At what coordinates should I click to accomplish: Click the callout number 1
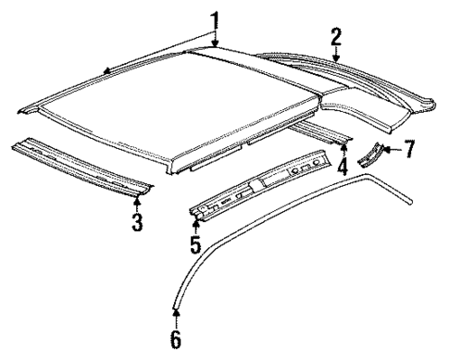(215, 19)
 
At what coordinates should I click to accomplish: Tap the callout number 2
(336, 37)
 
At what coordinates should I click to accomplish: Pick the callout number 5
(194, 244)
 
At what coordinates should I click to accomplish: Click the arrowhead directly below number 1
(215, 43)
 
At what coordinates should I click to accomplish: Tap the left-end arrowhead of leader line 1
(106, 70)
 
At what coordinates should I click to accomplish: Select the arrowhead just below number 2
(336, 60)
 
